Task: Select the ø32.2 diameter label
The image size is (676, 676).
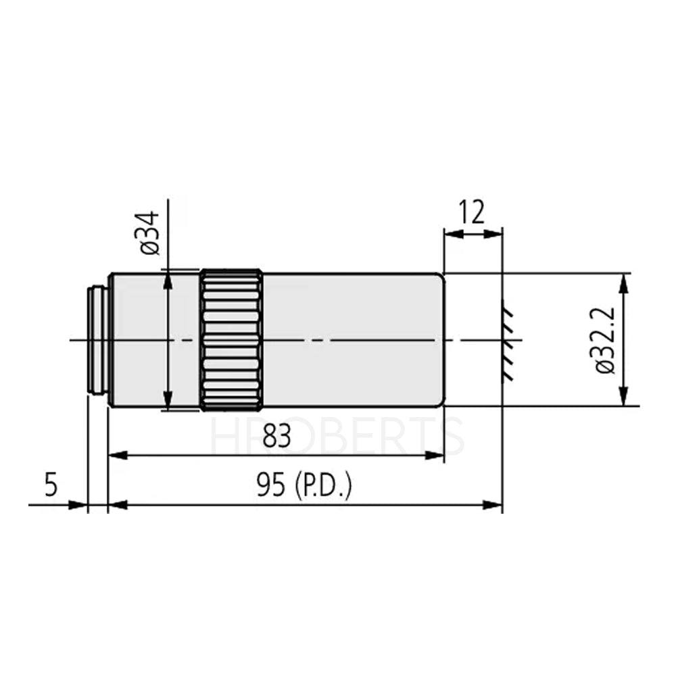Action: [604, 339]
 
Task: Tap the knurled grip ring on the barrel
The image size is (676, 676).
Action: [231, 340]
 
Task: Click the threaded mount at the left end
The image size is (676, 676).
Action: [98, 339]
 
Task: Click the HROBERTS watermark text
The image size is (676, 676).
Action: [338, 436]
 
